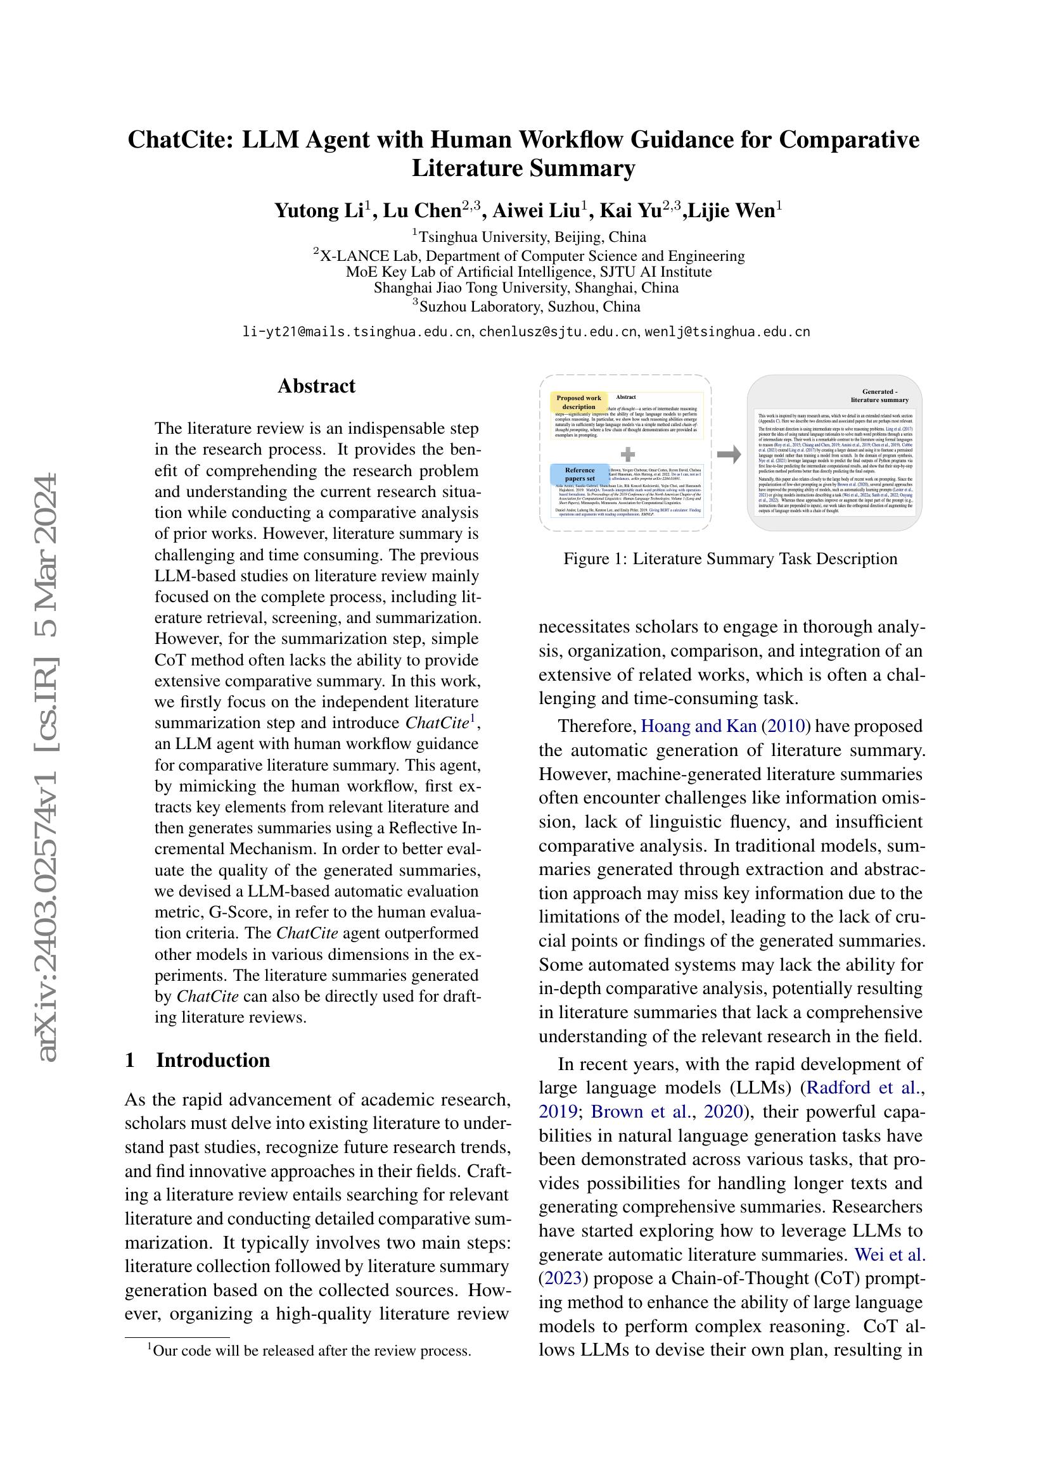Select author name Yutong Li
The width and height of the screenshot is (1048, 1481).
tap(320, 211)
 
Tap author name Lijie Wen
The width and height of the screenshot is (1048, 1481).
tap(732, 211)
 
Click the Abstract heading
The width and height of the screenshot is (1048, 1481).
tap(316, 386)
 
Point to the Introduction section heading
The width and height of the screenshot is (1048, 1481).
tap(212, 1061)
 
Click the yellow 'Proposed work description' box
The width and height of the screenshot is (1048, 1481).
tap(579, 403)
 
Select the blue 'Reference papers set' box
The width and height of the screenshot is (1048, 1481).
tap(580, 474)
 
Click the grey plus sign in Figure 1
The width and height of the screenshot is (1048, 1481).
tap(627, 455)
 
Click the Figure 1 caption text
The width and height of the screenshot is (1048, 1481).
tap(731, 558)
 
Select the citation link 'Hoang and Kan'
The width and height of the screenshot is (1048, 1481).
tap(698, 726)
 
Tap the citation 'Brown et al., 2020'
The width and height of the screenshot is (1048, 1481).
tap(668, 1111)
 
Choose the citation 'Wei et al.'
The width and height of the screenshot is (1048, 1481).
tap(890, 1254)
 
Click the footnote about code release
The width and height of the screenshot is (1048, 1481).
tap(312, 1351)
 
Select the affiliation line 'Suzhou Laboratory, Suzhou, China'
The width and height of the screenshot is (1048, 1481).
tap(529, 307)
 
